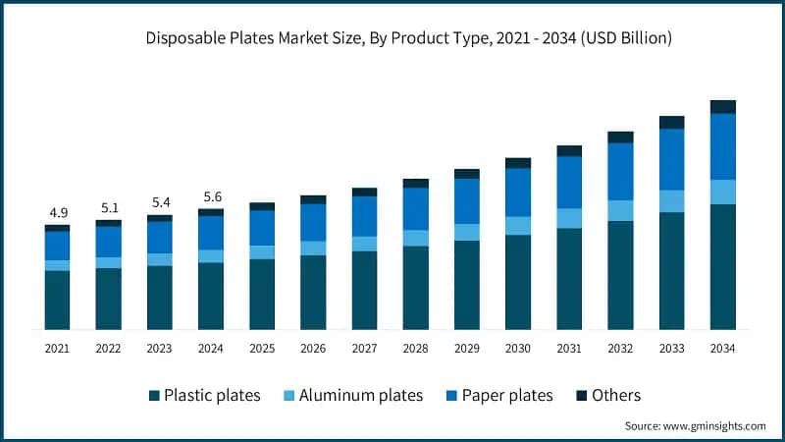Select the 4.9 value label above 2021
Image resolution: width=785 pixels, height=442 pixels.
pyautogui.click(x=57, y=213)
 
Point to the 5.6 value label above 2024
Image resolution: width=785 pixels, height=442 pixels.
pyautogui.click(x=211, y=196)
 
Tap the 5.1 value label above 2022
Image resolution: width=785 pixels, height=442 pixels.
pyautogui.click(x=109, y=208)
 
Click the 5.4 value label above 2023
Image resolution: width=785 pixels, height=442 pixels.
pyautogui.click(x=160, y=202)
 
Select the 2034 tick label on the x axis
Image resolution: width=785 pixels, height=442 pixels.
pyautogui.click(x=723, y=348)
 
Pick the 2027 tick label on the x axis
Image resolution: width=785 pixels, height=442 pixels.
pyautogui.click(x=364, y=348)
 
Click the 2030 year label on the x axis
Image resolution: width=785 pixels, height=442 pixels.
pyautogui.click(x=518, y=348)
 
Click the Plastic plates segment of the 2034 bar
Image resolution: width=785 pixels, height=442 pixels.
pyautogui.click(x=723, y=266)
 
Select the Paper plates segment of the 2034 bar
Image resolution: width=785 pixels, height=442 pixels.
pyautogui.click(x=723, y=146)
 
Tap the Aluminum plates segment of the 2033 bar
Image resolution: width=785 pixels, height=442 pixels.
pyautogui.click(x=672, y=201)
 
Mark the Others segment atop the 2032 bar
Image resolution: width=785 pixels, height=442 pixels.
pyautogui.click(x=620, y=138)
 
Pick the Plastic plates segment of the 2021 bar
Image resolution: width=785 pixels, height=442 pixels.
pyautogui.click(x=57, y=300)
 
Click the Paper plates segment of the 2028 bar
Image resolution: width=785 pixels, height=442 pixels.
pyautogui.click(x=416, y=209)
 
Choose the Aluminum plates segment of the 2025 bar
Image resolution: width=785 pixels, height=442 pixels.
pyautogui.click(x=262, y=252)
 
